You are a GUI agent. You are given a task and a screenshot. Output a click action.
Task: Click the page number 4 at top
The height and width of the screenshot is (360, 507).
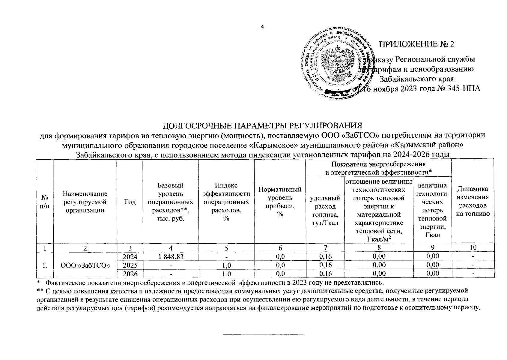(x=262, y=27)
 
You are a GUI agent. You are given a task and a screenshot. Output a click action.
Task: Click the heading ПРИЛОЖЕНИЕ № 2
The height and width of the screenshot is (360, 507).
(x=417, y=44)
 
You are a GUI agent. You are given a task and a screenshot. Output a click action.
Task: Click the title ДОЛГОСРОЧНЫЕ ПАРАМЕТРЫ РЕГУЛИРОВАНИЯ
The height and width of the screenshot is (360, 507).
(x=262, y=125)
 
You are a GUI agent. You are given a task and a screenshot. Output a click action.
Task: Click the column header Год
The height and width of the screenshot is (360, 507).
(x=130, y=202)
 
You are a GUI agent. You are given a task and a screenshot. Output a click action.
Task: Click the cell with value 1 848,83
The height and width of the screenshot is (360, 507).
(x=170, y=256)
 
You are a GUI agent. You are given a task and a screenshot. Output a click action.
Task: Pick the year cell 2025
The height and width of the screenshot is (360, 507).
(x=130, y=265)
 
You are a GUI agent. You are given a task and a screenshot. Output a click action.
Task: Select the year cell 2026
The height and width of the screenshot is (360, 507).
(x=130, y=273)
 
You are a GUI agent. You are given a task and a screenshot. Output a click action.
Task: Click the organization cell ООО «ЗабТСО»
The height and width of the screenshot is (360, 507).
(x=85, y=265)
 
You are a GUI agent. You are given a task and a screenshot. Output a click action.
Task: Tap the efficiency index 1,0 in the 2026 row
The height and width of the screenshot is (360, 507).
(x=226, y=273)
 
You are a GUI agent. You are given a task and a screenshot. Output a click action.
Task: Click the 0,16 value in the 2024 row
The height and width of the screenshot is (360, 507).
(x=325, y=256)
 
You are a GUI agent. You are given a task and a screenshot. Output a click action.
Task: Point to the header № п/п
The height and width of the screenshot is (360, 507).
(x=44, y=202)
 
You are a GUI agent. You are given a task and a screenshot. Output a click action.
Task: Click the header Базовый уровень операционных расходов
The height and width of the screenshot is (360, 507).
(x=170, y=202)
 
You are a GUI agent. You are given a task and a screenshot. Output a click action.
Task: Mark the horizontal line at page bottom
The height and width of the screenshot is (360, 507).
(x=264, y=334)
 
